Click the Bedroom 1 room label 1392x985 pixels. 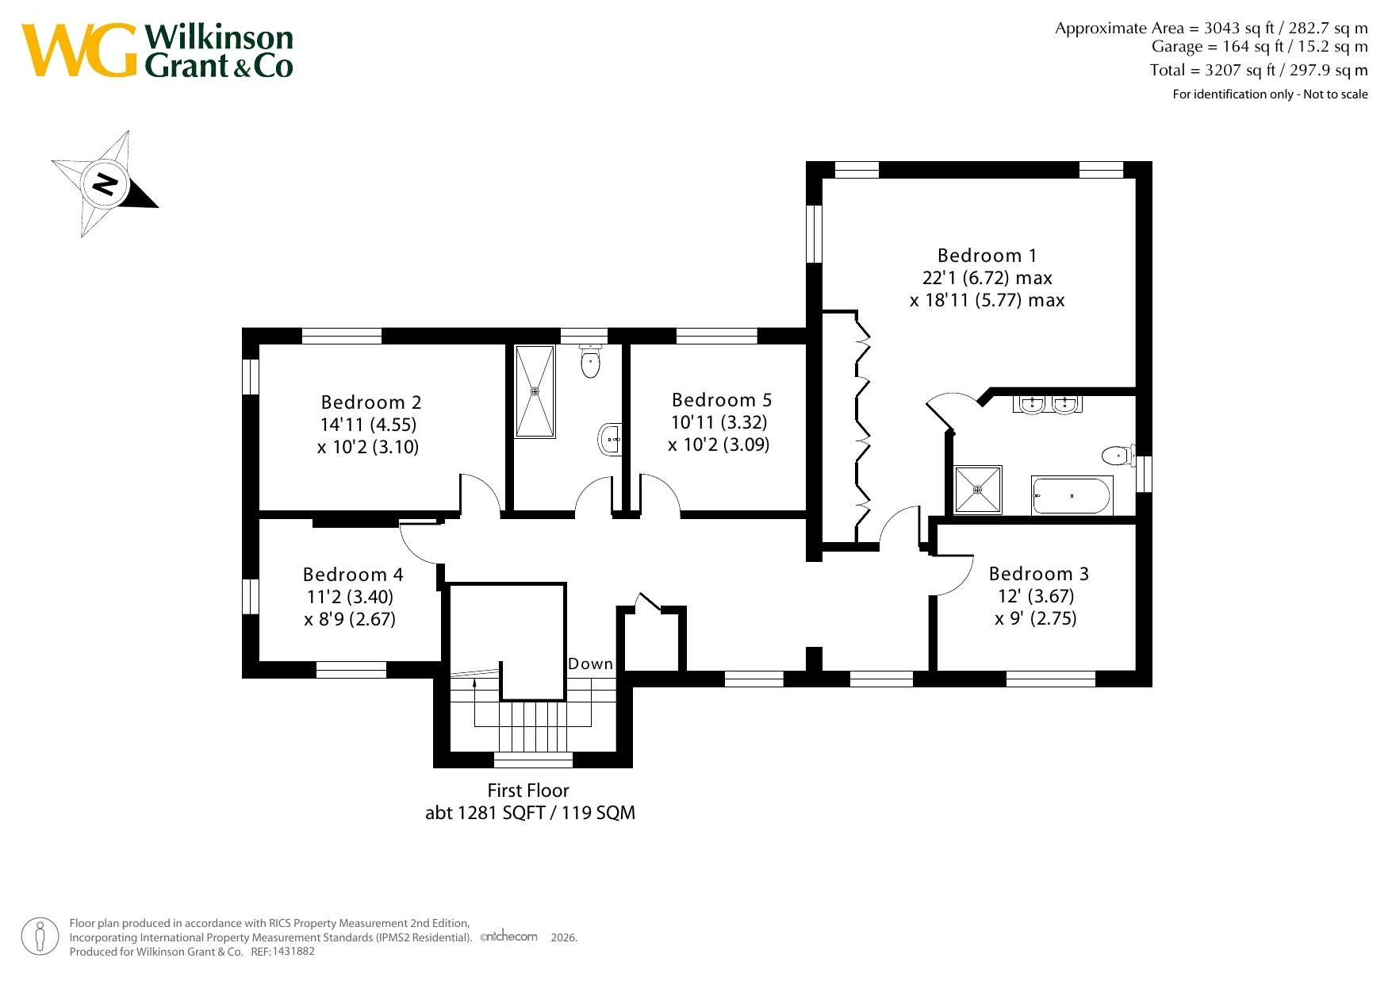[x=987, y=256]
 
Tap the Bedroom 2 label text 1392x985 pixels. [x=370, y=402]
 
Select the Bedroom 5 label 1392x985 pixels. [x=721, y=400]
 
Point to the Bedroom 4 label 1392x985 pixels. [x=353, y=575]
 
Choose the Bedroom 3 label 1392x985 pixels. [x=1038, y=574]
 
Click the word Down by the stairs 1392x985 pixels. [x=590, y=664]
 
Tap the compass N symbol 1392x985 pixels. [x=105, y=184]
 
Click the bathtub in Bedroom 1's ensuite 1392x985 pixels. [x=1072, y=496]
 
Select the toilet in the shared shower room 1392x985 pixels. [x=590, y=361]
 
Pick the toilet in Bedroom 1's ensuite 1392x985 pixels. [x=1118, y=456]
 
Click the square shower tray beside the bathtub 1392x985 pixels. [x=978, y=490]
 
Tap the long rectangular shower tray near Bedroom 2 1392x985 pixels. [x=535, y=391]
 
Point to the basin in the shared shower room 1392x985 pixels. [x=610, y=439]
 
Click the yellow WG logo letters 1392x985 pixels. [x=79, y=51]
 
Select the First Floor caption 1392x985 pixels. [x=528, y=791]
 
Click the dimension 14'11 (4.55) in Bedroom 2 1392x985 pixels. [x=368, y=425]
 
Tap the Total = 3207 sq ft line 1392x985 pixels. [x=1259, y=70]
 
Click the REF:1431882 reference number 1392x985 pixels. [x=283, y=952]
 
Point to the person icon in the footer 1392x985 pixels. [x=40, y=937]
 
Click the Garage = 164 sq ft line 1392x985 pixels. [x=1260, y=47]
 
